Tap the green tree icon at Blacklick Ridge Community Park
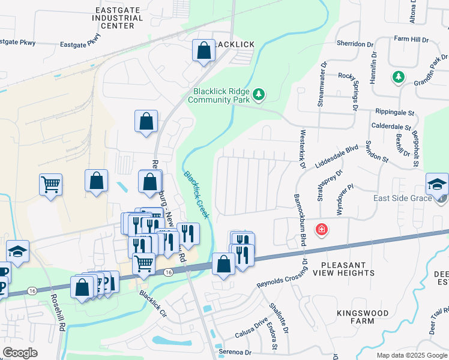259,94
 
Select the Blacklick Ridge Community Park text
221,96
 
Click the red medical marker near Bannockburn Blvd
322,229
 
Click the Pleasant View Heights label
348,269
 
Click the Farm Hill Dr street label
411,40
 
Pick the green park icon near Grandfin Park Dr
397,77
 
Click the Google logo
20,353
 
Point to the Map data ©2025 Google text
411,355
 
